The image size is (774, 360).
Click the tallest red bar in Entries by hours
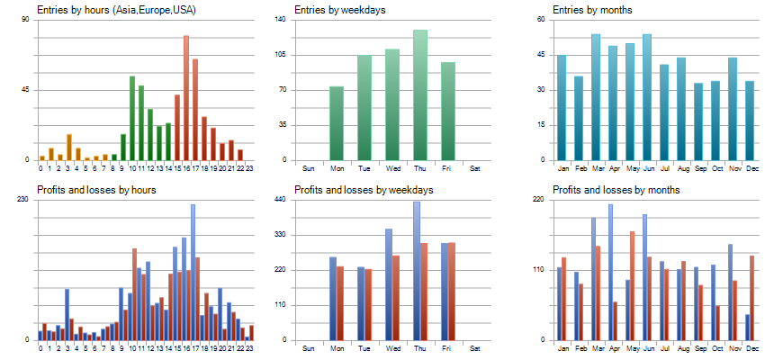tap(186, 98)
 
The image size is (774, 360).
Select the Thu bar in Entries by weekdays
tap(420, 94)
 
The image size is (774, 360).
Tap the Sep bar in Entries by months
tap(698, 121)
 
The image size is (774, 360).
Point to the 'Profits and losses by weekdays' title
tap(364, 190)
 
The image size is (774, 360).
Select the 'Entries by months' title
tap(591, 10)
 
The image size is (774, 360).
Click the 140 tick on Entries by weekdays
tap(281, 19)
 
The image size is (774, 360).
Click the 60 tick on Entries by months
tap(542, 19)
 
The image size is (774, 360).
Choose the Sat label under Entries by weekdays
tap(475, 168)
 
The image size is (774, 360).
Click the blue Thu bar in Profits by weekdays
tap(417, 271)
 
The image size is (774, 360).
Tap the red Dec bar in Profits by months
tap(752, 298)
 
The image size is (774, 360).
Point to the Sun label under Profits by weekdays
tap(309, 348)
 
